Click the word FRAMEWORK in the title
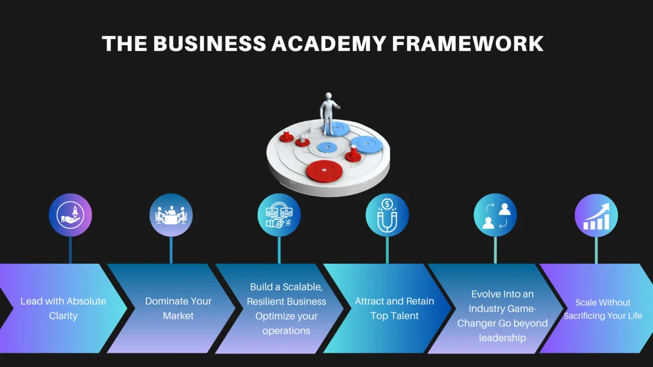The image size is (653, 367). (x=468, y=43)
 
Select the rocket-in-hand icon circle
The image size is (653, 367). (x=70, y=215)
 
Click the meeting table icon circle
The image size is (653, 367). (x=171, y=215)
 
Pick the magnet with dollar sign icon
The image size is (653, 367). (x=387, y=215)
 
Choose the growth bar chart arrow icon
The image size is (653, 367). (x=596, y=215)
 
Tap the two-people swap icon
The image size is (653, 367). (x=495, y=215)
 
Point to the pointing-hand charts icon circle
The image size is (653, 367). (x=279, y=215)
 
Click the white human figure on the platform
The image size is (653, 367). (x=328, y=113)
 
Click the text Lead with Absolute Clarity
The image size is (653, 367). (x=63, y=308)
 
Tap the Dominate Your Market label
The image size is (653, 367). (x=178, y=308)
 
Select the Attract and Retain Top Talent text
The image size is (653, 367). (x=395, y=308)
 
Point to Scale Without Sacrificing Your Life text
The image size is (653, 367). (x=602, y=309)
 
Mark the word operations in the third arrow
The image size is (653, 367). (x=286, y=331)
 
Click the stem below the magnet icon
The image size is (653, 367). (x=387, y=250)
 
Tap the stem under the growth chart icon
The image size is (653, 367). (x=596, y=250)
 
